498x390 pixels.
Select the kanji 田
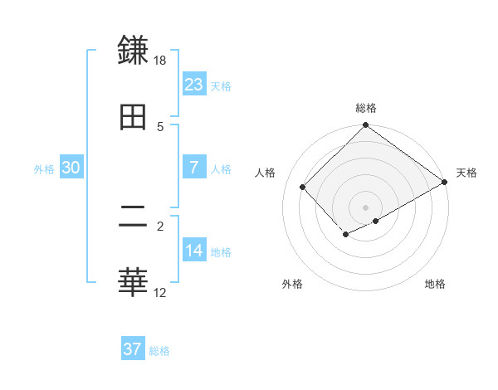pyautogui.click(x=134, y=116)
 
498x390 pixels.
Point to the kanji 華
pyautogui.click(x=134, y=282)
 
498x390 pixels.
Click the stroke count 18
pyautogui.click(x=160, y=61)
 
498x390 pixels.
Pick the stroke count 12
pyautogui.click(x=160, y=292)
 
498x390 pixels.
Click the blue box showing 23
pyautogui.click(x=194, y=84)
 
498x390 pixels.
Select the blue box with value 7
pyautogui.click(x=194, y=167)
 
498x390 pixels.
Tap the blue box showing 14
pyautogui.click(x=194, y=250)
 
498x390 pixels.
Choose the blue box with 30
pyautogui.click(x=71, y=167)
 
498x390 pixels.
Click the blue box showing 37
pyautogui.click(x=133, y=349)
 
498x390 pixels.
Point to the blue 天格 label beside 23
pyautogui.click(x=221, y=85)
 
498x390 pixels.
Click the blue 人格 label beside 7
pyautogui.click(x=221, y=168)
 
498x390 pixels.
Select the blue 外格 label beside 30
pyautogui.click(x=44, y=168)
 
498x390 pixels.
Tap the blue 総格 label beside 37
pyautogui.click(x=159, y=351)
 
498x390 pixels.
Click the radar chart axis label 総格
pyautogui.click(x=365, y=108)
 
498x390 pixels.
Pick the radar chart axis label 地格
pyautogui.click(x=435, y=285)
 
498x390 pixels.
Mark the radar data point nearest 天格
pyautogui.click(x=445, y=183)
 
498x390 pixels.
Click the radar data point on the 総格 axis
pyautogui.click(x=365, y=126)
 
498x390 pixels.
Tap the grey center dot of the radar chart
pyautogui.click(x=365, y=207)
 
